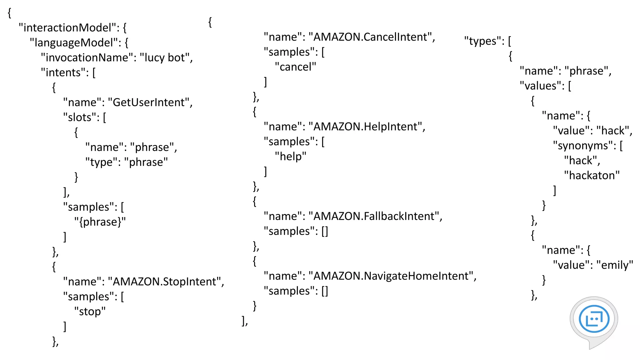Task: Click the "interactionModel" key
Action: point(67,28)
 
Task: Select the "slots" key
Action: point(80,117)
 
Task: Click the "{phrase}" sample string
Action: point(100,222)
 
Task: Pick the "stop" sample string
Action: point(90,312)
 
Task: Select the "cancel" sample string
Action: point(296,67)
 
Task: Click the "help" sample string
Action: point(291,157)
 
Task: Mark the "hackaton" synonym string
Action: point(592,176)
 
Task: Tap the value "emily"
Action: point(615,265)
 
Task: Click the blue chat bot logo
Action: point(594,319)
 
